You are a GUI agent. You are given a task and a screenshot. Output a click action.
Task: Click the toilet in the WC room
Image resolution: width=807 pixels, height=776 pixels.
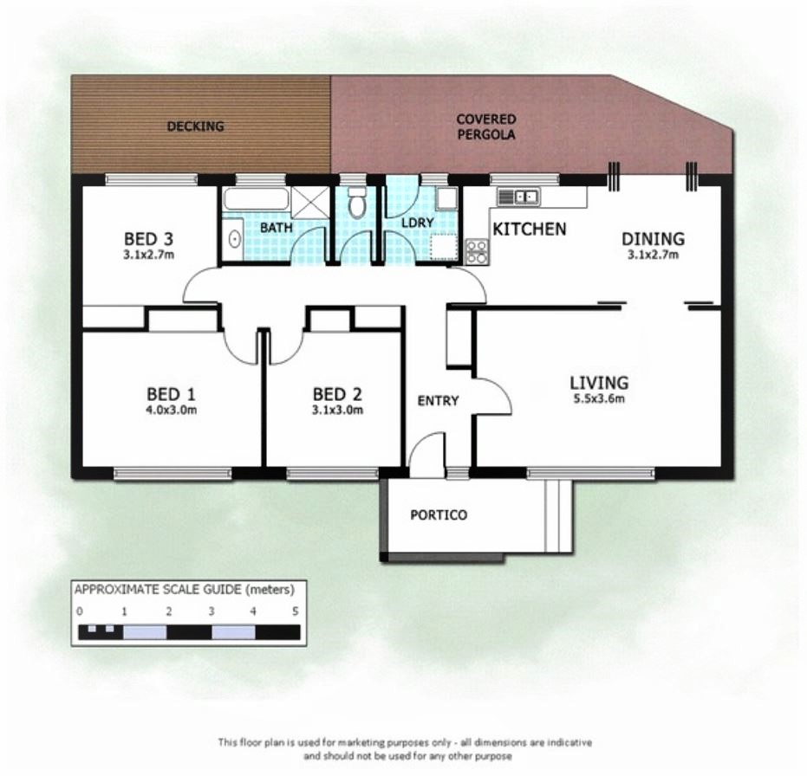point(355,202)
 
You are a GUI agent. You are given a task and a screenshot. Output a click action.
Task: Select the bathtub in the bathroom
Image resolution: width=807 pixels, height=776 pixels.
point(255,199)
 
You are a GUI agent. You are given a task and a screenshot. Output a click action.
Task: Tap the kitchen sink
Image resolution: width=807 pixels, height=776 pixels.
point(518,197)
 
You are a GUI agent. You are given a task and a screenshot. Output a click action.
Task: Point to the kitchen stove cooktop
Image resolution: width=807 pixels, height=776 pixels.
point(477,252)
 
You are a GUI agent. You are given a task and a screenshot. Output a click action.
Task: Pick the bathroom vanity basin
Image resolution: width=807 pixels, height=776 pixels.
point(234,239)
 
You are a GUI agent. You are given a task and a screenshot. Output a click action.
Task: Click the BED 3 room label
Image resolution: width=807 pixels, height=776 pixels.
point(148,239)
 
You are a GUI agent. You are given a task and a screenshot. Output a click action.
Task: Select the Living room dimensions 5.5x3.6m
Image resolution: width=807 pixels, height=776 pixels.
point(599,398)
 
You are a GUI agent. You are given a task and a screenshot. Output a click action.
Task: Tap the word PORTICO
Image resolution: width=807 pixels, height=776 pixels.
point(439,514)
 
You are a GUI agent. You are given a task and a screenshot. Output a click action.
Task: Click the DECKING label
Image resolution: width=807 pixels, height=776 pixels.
point(195,126)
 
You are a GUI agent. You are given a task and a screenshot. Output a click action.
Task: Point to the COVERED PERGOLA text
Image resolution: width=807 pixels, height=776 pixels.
point(485,126)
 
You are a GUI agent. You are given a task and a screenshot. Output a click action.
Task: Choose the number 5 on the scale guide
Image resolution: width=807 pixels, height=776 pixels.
point(296,611)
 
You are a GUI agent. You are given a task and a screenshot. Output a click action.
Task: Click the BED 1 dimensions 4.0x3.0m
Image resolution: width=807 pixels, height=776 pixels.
point(172,410)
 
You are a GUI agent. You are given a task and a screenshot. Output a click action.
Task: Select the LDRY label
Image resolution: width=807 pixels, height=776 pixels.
point(418,223)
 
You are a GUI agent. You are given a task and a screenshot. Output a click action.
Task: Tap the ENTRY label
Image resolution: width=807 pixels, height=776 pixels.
point(438,401)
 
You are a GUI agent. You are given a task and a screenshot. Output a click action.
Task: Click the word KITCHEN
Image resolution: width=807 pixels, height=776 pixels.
point(529,229)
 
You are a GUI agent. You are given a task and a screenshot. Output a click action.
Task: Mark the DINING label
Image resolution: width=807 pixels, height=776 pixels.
point(653,239)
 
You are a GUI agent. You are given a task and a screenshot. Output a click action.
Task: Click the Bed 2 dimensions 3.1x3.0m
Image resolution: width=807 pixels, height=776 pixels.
point(337,410)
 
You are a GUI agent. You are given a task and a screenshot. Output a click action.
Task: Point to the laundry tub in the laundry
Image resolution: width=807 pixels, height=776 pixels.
point(446,197)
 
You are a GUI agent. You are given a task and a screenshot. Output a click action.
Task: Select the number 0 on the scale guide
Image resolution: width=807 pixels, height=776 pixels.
point(79,611)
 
